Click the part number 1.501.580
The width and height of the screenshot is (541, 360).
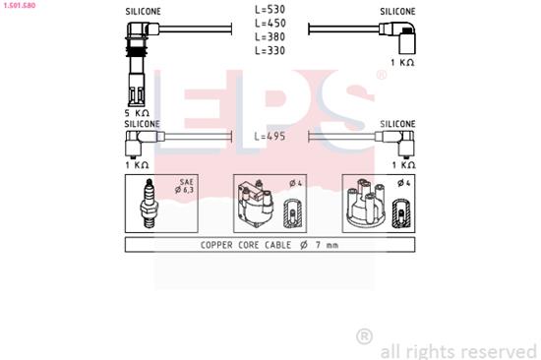(x=20, y=4)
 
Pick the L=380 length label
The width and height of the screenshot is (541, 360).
(x=270, y=37)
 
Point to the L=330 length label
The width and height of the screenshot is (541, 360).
(x=270, y=50)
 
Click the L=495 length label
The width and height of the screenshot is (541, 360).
(x=271, y=138)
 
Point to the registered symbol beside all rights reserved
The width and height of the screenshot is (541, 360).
(x=363, y=336)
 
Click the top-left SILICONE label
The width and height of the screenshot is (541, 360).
(x=143, y=11)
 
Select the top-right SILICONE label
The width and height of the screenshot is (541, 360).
(x=398, y=11)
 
